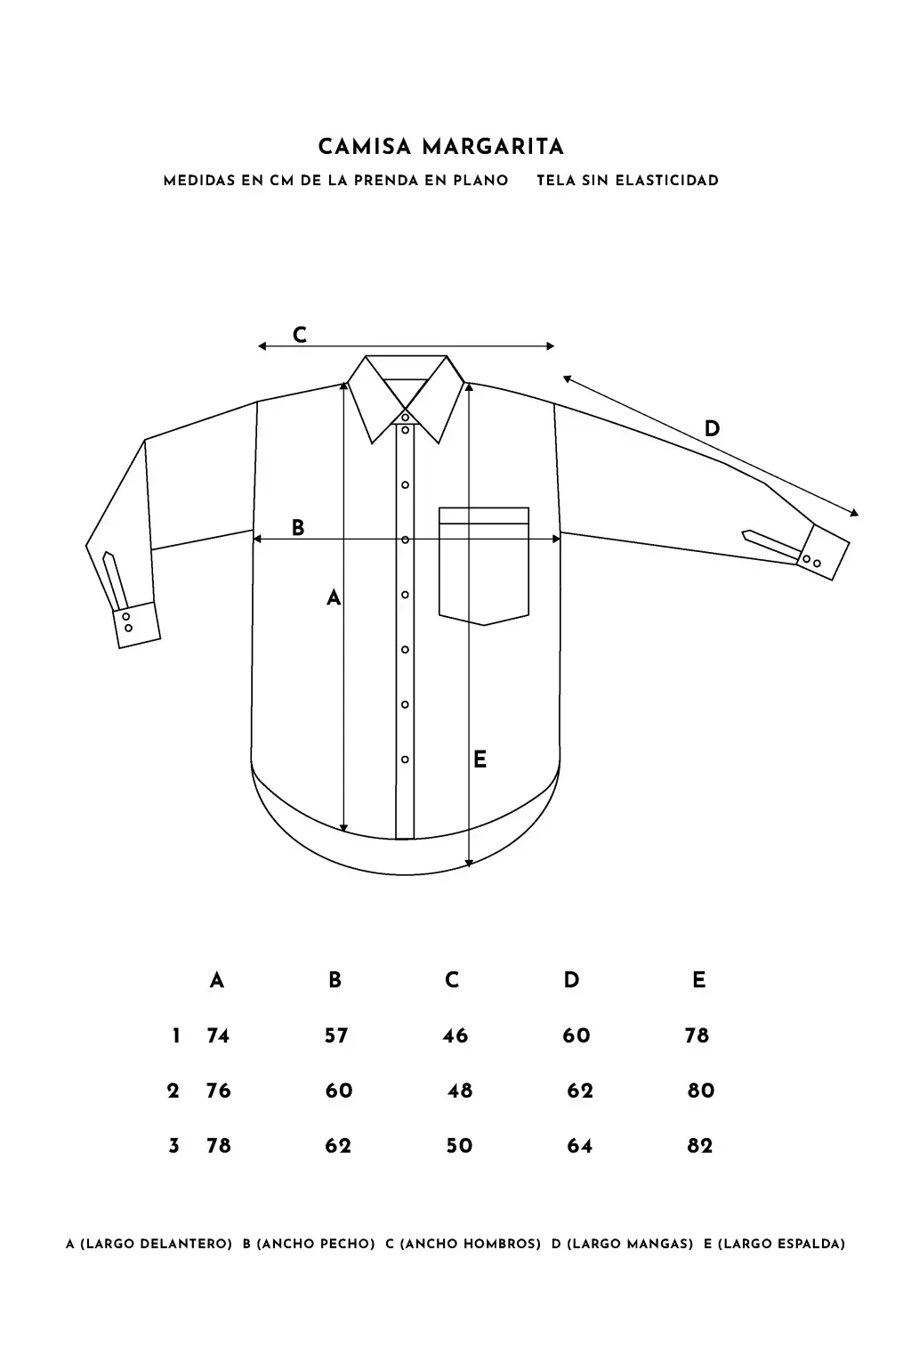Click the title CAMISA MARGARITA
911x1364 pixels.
(x=441, y=147)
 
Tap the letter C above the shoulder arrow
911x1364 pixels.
(x=300, y=335)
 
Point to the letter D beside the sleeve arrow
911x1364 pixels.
(x=712, y=428)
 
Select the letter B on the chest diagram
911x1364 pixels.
(x=297, y=527)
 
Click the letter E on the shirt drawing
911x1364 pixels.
(x=480, y=759)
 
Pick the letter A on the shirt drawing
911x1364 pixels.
(x=334, y=598)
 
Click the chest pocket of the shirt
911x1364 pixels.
(x=484, y=565)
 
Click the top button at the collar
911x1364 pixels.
(x=406, y=417)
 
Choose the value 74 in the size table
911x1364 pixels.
(x=218, y=1035)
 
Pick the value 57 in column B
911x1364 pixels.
(x=336, y=1035)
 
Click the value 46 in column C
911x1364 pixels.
(x=455, y=1035)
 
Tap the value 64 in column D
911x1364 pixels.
(x=579, y=1145)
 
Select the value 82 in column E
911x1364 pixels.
(x=700, y=1145)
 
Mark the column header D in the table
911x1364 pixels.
(x=571, y=979)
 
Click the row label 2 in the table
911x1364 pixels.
(x=173, y=1090)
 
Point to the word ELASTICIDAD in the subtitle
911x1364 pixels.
(x=667, y=181)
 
